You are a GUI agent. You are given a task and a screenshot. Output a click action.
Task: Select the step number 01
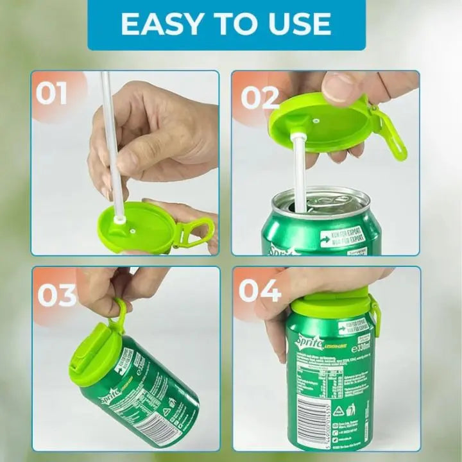tap(51, 93)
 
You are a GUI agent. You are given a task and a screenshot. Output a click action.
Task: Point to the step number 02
tap(259, 98)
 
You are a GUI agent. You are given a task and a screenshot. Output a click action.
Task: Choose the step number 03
tap(56, 295)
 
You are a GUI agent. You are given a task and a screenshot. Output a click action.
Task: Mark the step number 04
tap(259, 290)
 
